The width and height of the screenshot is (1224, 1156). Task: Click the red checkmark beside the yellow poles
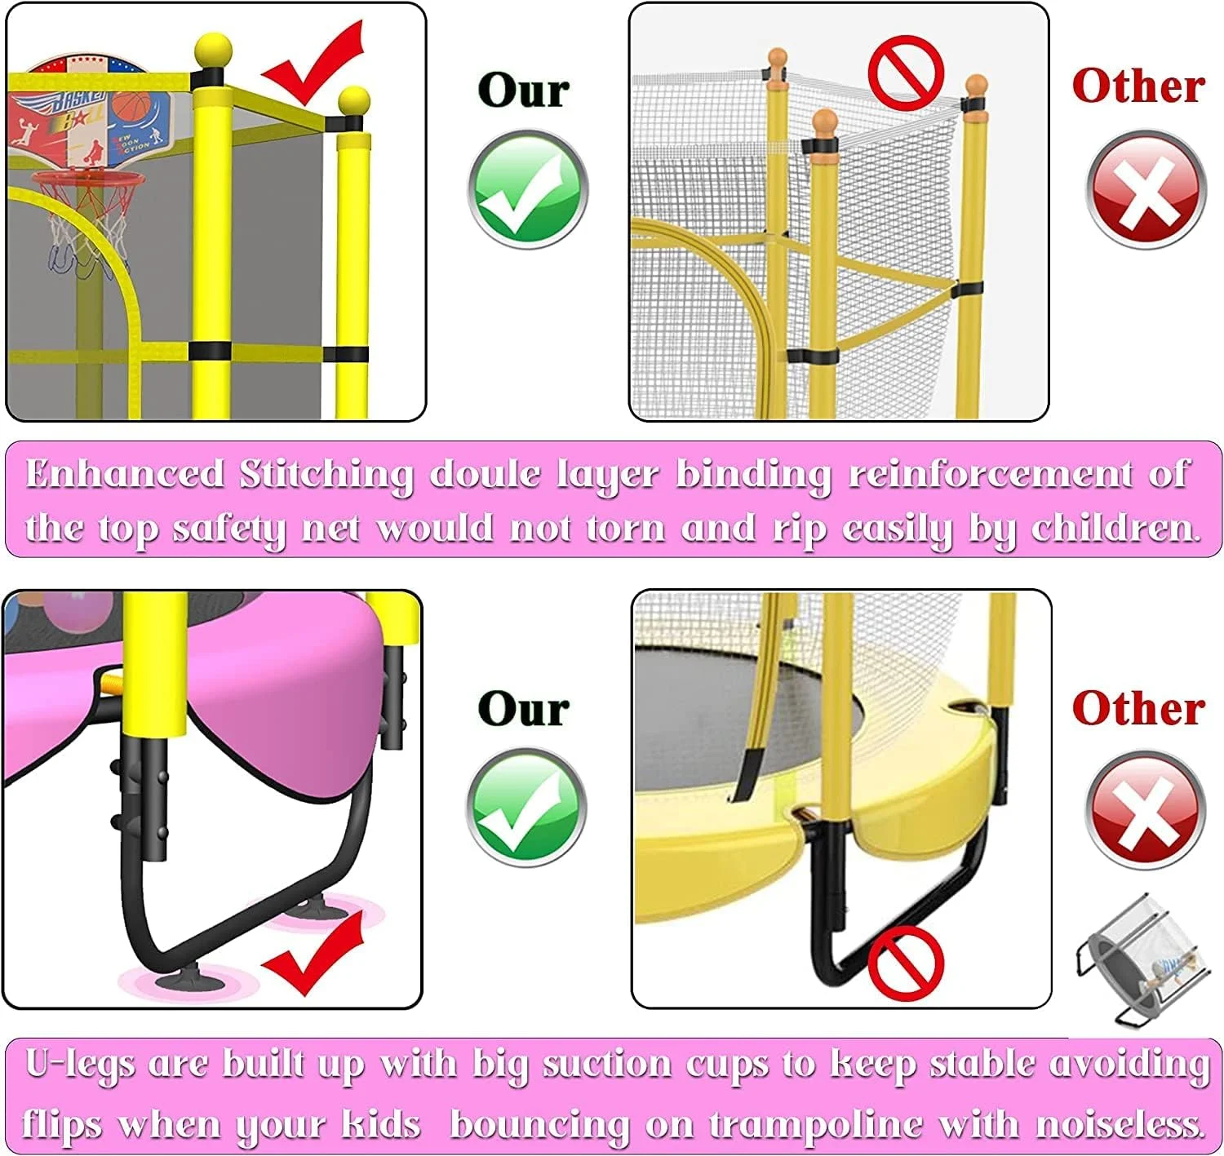313,63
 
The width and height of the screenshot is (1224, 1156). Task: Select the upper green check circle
528,190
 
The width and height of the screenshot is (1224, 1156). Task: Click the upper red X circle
1145,190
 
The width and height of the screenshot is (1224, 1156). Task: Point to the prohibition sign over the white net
906,72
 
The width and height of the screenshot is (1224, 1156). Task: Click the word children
1116,528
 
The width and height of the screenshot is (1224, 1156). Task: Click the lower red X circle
1145,810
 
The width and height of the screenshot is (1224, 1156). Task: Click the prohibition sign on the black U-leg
906,963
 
